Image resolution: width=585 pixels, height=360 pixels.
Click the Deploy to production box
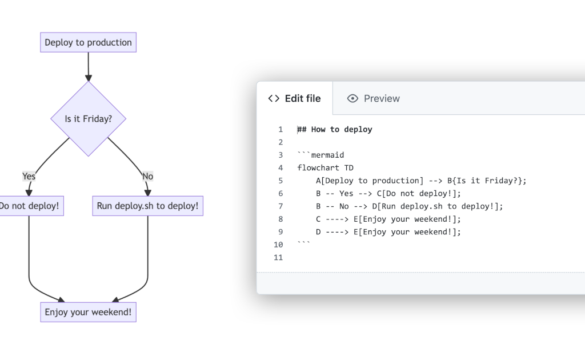click(x=88, y=42)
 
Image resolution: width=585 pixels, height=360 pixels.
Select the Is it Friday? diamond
click(x=88, y=119)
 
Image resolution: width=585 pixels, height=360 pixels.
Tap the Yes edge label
click(x=29, y=176)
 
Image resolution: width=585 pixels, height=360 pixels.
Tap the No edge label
click(x=147, y=176)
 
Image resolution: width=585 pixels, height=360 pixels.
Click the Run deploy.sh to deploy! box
click(x=147, y=206)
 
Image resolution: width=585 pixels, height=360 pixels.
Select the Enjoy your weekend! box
click(x=88, y=312)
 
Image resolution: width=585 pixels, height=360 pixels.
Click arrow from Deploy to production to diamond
click(x=88, y=66)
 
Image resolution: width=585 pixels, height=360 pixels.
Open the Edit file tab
click(x=295, y=98)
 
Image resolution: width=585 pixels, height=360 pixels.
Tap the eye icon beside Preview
click(x=352, y=98)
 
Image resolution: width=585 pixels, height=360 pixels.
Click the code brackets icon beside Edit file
click(x=274, y=98)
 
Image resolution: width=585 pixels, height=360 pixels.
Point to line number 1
click(x=281, y=130)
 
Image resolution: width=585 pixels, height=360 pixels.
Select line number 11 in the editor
click(x=278, y=258)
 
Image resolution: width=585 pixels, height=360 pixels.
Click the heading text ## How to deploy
click(x=335, y=130)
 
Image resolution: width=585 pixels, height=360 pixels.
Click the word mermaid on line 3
click(x=327, y=155)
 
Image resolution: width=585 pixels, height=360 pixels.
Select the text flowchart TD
click(x=325, y=168)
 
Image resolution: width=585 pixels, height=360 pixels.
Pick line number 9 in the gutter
click(x=281, y=232)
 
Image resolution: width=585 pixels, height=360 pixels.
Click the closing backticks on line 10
click(x=304, y=243)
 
